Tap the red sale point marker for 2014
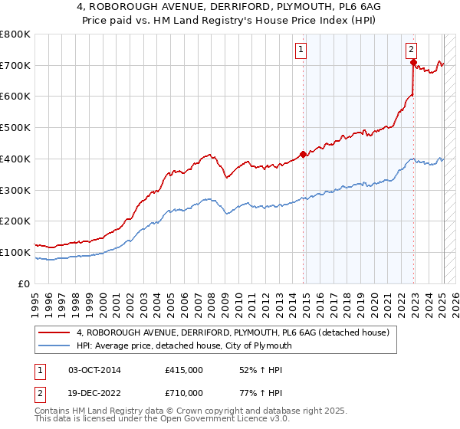tap(303, 154)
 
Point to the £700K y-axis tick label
tap(15, 66)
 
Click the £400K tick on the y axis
tap(15, 159)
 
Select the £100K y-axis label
tap(15, 252)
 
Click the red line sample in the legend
tap(55, 332)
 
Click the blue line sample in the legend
tap(55, 345)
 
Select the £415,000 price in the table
tap(184, 370)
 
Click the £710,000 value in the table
tap(184, 392)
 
